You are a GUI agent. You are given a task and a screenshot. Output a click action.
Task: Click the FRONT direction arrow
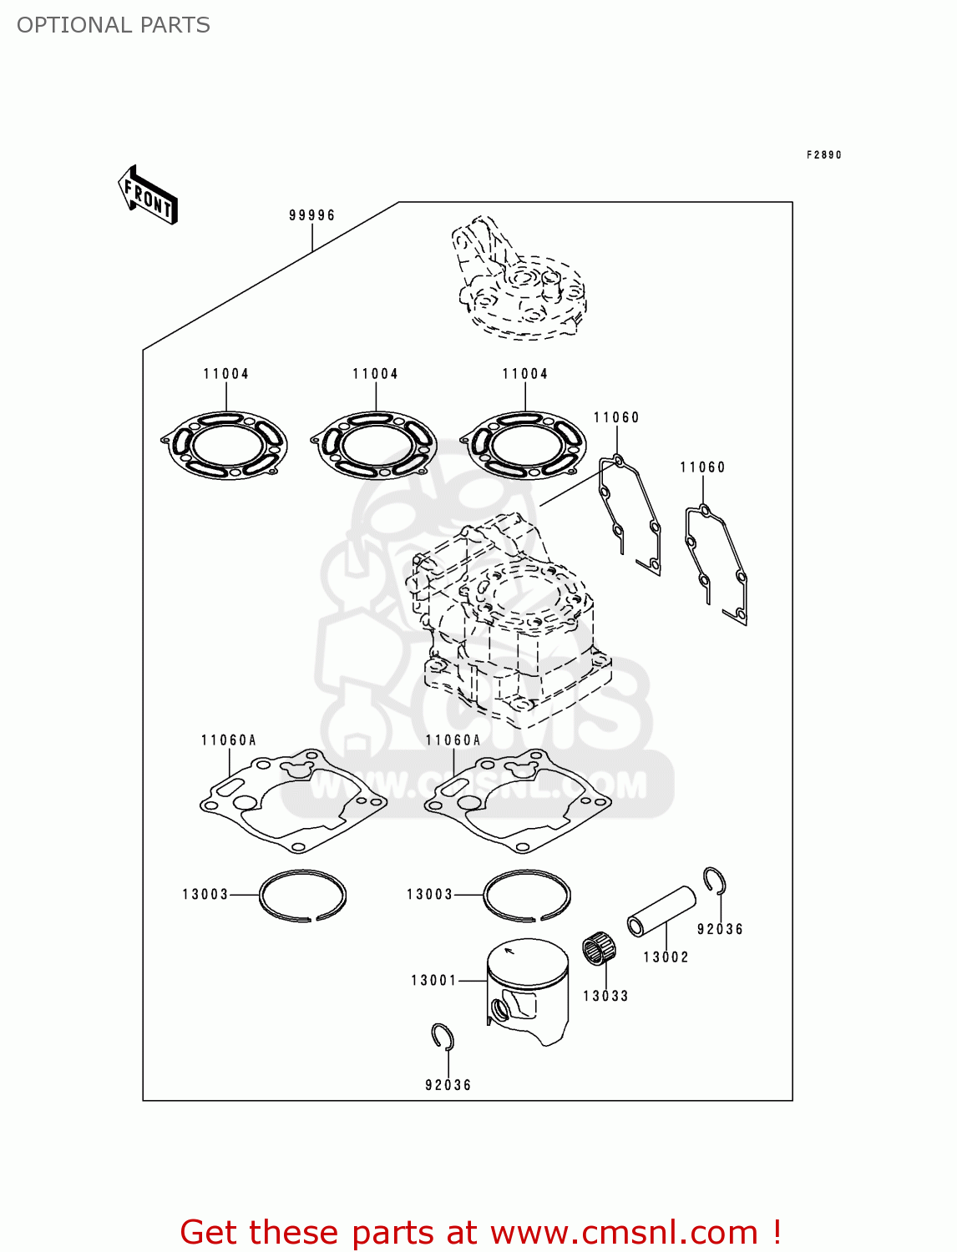click(x=148, y=195)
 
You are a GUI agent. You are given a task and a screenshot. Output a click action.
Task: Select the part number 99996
click(x=311, y=215)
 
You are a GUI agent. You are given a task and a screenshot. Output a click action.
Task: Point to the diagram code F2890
click(x=823, y=155)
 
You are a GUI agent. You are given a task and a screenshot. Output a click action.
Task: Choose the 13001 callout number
click(x=433, y=981)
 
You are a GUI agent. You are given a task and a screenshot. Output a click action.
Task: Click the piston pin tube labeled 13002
click(x=661, y=912)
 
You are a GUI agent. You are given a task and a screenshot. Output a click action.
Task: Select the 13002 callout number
click(x=666, y=957)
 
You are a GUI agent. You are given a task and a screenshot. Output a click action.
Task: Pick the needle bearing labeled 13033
click(x=596, y=950)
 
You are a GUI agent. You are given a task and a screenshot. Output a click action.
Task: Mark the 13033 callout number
click(x=605, y=996)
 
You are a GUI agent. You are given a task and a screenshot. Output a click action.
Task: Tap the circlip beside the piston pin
click(x=714, y=880)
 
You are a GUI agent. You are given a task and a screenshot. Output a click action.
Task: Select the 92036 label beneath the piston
click(x=448, y=1085)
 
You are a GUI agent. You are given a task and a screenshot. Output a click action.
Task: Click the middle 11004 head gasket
click(x=374, y=445)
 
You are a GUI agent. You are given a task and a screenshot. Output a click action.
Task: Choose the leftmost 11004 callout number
click(x=225, y=374)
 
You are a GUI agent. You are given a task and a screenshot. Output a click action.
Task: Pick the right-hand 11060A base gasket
click(x=517, y=801)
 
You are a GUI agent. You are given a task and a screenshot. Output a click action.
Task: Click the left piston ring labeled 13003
click(x=302, y=896)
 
